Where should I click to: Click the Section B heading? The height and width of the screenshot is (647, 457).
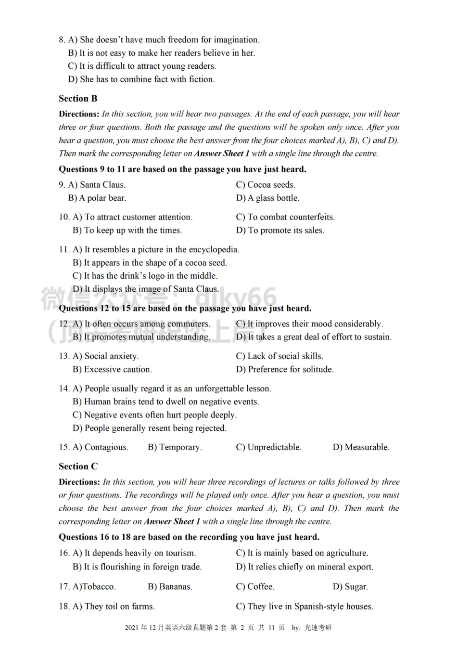tap(78, 99)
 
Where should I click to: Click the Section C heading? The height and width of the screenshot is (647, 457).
tap(78, 466)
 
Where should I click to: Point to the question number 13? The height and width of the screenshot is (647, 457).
tap(64, 356)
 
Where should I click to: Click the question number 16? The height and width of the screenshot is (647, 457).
tap(64, 553)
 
